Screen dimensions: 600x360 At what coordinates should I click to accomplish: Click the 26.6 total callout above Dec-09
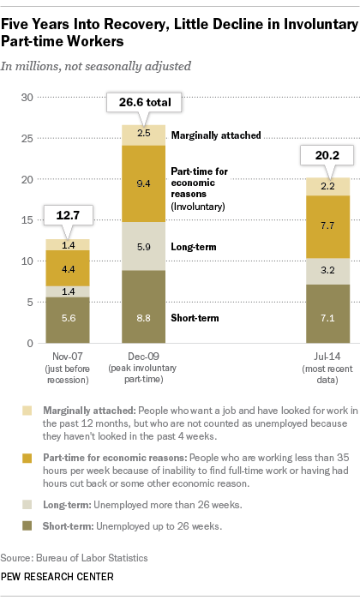pos(143,104)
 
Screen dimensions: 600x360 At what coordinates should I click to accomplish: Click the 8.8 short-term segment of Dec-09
pos(144,316)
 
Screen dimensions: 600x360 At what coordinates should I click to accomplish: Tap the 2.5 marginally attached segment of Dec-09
pos(144,135)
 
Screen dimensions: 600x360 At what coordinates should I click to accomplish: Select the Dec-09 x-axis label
pos(143,354)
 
